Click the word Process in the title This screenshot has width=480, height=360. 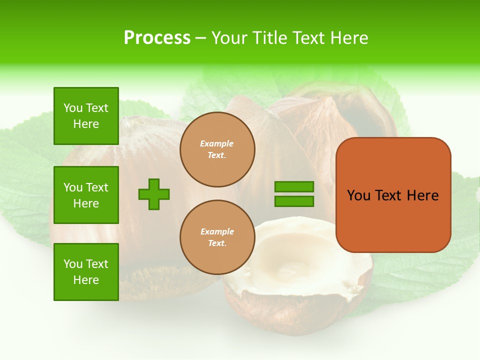tap(157, 38)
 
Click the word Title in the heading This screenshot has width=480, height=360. tap(270, 38)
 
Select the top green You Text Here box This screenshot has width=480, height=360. tap(86, 116)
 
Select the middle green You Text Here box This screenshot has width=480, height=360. tap(86, 195)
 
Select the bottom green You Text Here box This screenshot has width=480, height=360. tap(86, 272)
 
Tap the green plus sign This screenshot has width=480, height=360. tap(154, 194)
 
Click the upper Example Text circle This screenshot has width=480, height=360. tap(217, 149)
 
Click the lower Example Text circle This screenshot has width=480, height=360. tap(217, 237)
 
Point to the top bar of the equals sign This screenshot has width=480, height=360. tap(294, 187)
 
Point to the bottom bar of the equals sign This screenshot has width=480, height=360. tap(294, 201)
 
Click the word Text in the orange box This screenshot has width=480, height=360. tap(388, 195)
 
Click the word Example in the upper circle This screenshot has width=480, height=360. tap(216, 143)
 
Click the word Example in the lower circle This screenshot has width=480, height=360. tap(216, 231)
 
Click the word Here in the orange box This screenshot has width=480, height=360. tap(422, 195)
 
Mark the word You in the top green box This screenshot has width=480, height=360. tap(73, 108)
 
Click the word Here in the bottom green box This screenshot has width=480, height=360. tap(86, 280)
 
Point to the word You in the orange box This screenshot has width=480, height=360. tap(358, 195)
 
